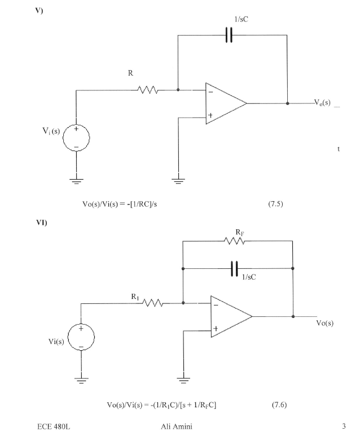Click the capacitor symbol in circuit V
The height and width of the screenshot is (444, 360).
click(229, 35)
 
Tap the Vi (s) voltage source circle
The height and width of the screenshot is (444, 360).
click(76, 138)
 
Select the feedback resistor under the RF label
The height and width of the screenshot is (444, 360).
click(235, 241)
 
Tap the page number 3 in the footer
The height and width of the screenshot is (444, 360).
click(345, 426)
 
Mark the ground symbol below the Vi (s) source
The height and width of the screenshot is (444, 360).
click(76, 180)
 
